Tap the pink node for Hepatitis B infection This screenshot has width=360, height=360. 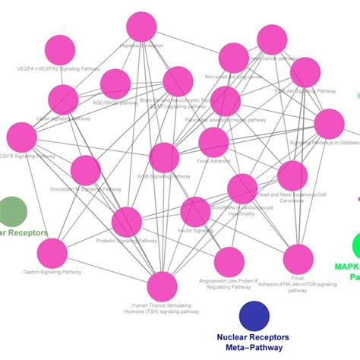point(142,27)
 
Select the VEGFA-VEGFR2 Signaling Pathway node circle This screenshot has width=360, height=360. point(60,50)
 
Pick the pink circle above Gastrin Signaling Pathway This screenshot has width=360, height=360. point(52,253)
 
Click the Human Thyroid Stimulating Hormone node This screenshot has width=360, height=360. point(162,287)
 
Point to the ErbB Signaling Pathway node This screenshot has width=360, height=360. point(164,157)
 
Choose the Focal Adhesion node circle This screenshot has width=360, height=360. point(213,142)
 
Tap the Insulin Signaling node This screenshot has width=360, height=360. point(195,212)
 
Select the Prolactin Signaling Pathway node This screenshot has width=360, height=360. point(127,223)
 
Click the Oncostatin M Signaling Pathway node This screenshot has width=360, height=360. point(85,170)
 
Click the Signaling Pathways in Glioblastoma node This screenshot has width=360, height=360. point(329,124)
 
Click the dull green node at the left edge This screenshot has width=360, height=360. point(11,210)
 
